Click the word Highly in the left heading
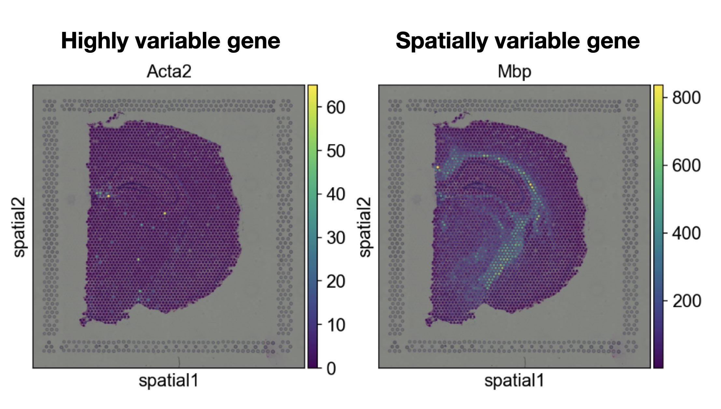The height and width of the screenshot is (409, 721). (94, 41)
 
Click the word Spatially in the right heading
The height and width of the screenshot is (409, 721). (441, 41)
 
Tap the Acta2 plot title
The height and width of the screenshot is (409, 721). (169, 72)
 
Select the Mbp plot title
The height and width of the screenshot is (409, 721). (514, 72)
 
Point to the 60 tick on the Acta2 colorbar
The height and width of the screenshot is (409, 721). (335, 107)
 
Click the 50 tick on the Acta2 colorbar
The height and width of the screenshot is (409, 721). (335, 151)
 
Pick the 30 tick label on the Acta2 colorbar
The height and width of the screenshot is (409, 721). (335, 238)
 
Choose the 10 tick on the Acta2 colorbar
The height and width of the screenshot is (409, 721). (335, 325)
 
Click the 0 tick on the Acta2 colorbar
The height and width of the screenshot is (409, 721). (331, 369)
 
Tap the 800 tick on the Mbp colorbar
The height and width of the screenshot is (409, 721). (686, 97)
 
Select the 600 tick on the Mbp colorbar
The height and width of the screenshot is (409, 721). (686, 165)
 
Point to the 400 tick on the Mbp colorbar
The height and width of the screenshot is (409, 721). (686, 233)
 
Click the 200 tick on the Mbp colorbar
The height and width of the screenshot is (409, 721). (686, 301)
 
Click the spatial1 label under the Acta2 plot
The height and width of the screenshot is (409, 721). (168, 380)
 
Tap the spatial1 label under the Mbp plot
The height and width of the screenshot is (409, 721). (514, 380)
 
